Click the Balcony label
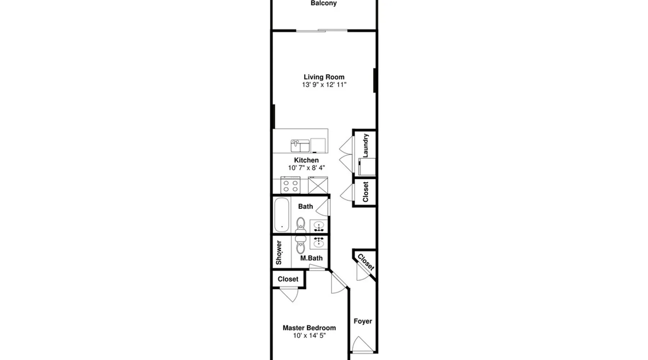[324, 3]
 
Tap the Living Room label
[324, 77]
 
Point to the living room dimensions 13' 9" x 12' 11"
[324, 85]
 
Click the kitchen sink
[300, 145]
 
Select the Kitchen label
[306, 160]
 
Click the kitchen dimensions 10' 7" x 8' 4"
[306, 168]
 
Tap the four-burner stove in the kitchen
[291, 185]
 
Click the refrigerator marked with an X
[318, 185]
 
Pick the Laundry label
[365, 145]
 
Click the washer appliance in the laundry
[367, 167]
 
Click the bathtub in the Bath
[282, 215]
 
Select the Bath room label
[305, 206]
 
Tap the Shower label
[279, 252]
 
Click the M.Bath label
[311, 258]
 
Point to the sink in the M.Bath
[319, 242]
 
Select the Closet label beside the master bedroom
[288, 279]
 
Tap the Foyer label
[363, 321]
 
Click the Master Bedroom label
[309, 328]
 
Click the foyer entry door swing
[361, 344]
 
